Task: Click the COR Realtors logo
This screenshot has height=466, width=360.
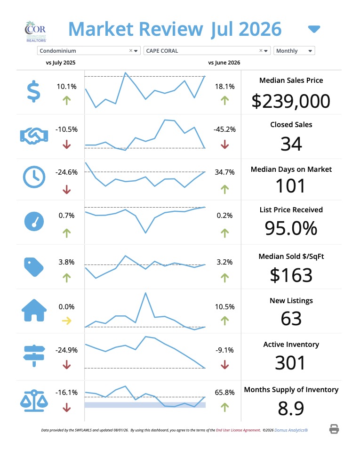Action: (x=35, y=32)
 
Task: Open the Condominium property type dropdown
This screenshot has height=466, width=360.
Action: (x=88, y=51)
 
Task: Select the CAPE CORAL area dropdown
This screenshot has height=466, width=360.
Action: (x=207, y=51)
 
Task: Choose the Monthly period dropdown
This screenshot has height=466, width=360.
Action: (x=294, y=51)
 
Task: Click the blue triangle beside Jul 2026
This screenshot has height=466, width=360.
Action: (x=314, y=29)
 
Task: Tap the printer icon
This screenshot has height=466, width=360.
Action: (x=334, y=429)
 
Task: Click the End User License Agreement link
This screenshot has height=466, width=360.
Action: (x=238, y=430)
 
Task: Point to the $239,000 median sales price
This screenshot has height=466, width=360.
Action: (x=291, y=101)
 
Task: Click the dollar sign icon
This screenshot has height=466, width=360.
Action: (x=33, y=91)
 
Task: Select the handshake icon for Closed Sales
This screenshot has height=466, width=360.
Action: (x=34, y=136)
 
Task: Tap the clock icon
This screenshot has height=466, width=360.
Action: (x=34, y=177)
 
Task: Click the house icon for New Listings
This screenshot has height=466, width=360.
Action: (x=34, y=310)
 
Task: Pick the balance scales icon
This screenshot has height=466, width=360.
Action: (x=34, y=401)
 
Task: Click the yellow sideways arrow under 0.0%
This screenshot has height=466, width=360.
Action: (x=66, y=321)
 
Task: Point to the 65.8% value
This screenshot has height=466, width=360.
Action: (x=224, y=392)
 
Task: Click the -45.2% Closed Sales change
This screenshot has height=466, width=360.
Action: (x=224, y=129)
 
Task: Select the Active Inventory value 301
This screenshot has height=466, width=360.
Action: (x=290, y=363)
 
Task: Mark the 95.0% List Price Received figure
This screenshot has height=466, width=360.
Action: (x=291, y=228)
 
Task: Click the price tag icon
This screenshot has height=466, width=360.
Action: (x=33, y=267)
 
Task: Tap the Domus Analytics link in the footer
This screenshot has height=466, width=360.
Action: (x=291, y=430)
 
